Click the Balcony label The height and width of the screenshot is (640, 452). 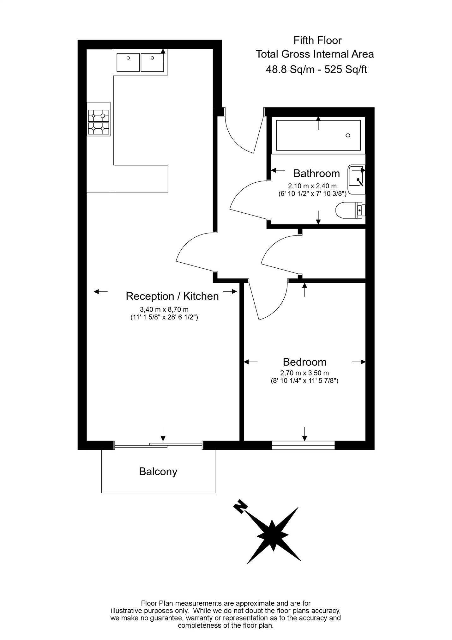[158, 472]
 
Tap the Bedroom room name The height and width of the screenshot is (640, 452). [304, 362]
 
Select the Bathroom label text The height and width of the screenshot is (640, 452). [316, 173]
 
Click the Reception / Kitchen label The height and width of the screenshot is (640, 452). [172, 296]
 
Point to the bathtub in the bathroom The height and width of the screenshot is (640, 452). [318, 135]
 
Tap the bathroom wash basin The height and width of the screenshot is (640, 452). [357, 179]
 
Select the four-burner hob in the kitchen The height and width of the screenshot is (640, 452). [99, 122]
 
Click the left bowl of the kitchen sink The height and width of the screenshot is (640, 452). [128, 62]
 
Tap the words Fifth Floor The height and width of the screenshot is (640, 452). [317, 40]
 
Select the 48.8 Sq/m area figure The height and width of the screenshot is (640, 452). [290, 69]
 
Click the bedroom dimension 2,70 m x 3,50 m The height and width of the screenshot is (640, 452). [304, 373]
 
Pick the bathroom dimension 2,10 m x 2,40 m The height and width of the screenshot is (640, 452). [312, 186]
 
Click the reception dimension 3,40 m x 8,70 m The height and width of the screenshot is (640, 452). [164, 309]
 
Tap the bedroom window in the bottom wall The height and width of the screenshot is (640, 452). [303, 445]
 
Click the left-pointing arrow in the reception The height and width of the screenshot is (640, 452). [101, 291]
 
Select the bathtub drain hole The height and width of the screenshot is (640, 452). [348, 135]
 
